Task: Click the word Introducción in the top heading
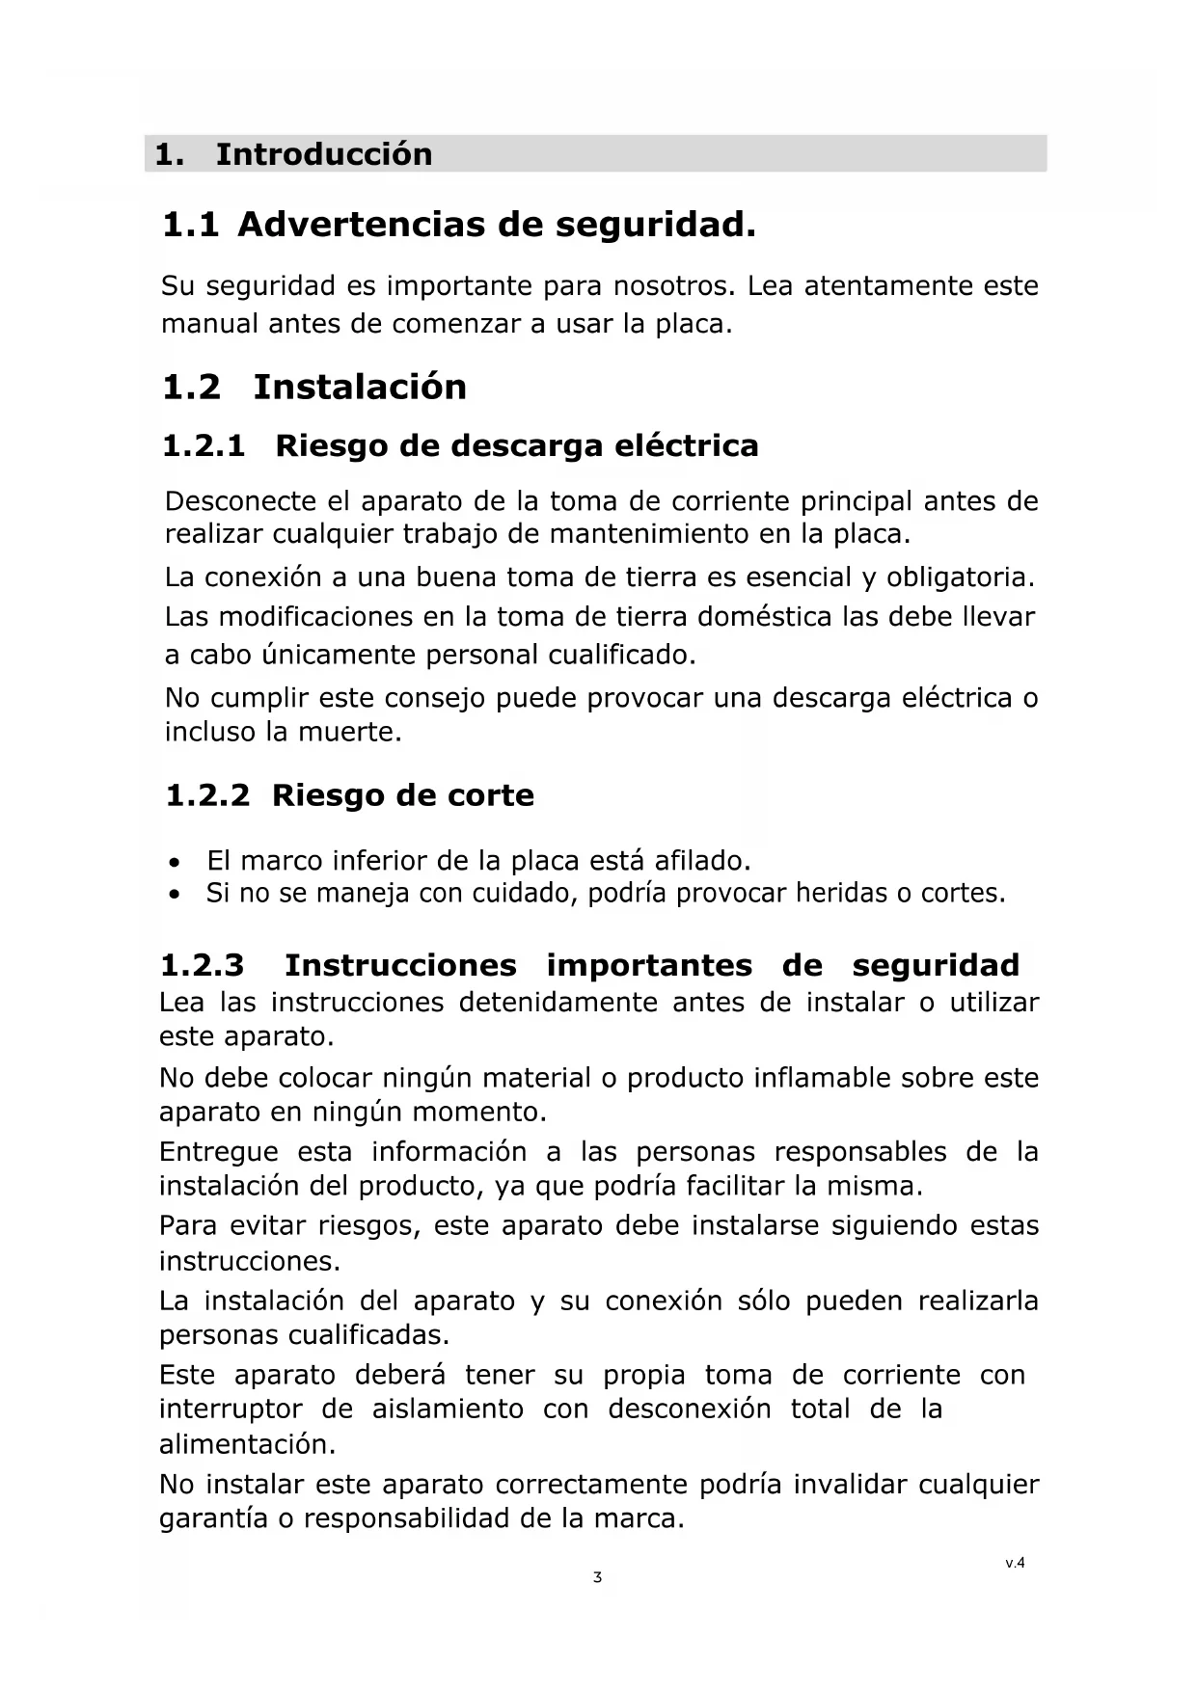tap(323, 154)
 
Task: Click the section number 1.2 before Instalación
tap(191, 388)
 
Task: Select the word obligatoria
tap(960, 578)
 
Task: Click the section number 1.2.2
tap(207, 796)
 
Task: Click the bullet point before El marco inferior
tap(173, 862)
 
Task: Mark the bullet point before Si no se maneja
tap(173, 896)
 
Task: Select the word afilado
tap(702, 860)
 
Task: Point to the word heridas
tap(841, 894)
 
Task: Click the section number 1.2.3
tap(202, 966)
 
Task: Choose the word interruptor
tap(231, 1409)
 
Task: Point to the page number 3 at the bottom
tap(598, 1578)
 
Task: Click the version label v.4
tap(1015, 1564)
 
